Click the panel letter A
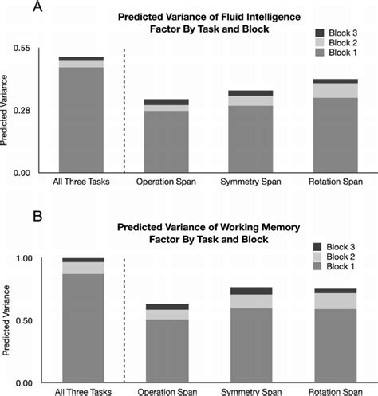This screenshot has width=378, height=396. point(37,6)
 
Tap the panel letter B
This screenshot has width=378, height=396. point(37,217)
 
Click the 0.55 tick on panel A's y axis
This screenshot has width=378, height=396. point(22,48)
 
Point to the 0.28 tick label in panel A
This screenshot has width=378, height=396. point(22,110)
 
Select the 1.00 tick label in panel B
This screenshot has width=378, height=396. point(24,258)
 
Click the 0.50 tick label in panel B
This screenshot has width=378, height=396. point(24,321)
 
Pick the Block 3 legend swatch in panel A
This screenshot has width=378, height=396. point(320,33)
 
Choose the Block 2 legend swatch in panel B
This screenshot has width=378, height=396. point(317,257)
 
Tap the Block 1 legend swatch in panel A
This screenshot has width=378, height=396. point(320,53)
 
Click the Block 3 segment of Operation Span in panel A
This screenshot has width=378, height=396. point(167,102)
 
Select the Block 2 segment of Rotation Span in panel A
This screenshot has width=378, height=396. point(336,91)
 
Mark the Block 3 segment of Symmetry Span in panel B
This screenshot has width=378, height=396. point(251,291)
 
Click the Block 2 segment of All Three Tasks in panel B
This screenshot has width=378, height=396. point(83,269)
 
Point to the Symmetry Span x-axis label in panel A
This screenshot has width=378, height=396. point(250,182)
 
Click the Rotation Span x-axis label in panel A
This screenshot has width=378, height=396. point(336,182)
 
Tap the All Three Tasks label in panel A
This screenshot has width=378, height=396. point(81,182)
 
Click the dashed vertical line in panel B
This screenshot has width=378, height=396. point(124,320)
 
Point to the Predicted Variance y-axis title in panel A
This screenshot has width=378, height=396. point(4,110)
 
